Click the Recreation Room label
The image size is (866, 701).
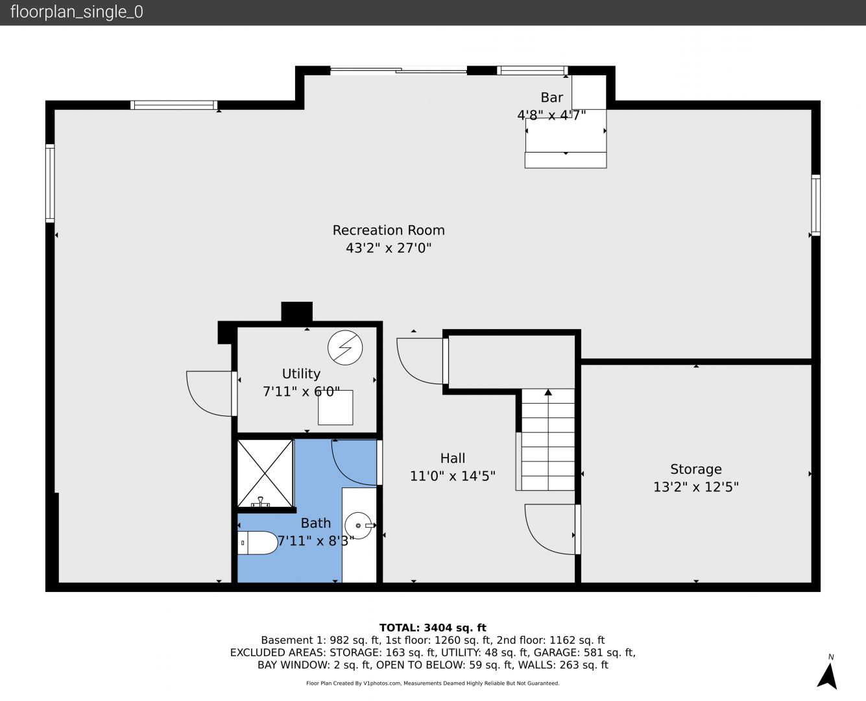pyautogui.click(x=389, y=230)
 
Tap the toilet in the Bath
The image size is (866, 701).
pyautogui.click(x=257, y=543)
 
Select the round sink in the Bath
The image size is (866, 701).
pyautogui.click(x=358, y=526)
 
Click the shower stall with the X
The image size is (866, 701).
pyautogui.click(x=265, y=474)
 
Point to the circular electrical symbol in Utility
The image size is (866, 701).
pyautogui.click(x=345, y=347)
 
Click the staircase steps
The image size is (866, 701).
pyautogui.click(x=548, y=439)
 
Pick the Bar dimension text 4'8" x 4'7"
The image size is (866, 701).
pyautogui.click(x=551, y=116)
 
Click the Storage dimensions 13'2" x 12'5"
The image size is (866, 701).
pyautogui.click(x=695, y=487)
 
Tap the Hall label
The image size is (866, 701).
pyautogui.click(x=453, y=458)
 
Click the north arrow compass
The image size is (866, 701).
pyautogui.click(x=828, y=676)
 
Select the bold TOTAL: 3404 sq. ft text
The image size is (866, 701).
pyautogui.click(x=433, y=628)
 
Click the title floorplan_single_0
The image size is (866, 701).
pyautogui.click(x=77, y=12)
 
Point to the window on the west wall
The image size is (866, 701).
pyautogui.click(x=50, y=184)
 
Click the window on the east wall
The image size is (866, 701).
pyautogui.click(x=815, y=205)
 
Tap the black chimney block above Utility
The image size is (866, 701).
pyautogui.click(x=297, y=312)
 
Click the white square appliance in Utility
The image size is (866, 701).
pyautogui.click(x=335, y=408)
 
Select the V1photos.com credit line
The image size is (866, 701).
pyautogui.click(x=433, y=683)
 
